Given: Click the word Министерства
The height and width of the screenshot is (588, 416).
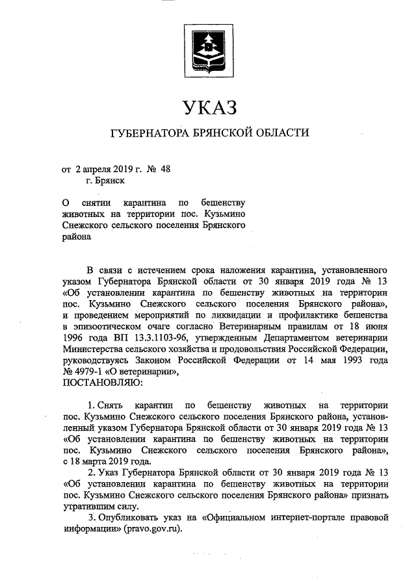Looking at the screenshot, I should [x=92, y=350].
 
